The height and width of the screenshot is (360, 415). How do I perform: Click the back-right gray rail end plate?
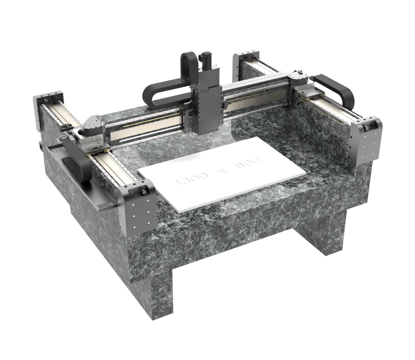click(x=245, y=64)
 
